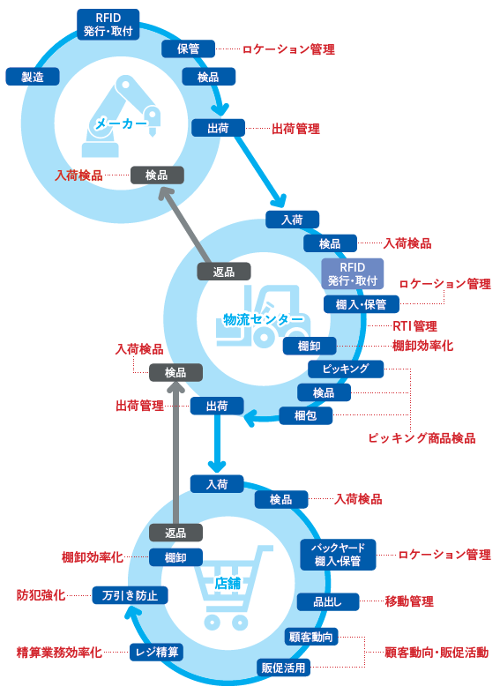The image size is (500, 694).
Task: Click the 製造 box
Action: pyautogui.click(x=33, y=77)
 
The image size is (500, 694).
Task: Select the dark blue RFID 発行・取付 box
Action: pyautogui.click(x=108, y=25)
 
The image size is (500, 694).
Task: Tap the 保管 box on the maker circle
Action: pyautogui.click(x=188, y=49)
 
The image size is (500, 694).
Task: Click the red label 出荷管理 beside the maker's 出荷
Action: pyautogui.click(x=295, y=129)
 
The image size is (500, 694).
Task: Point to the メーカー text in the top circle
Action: pyautogui.click(x=121, y=123)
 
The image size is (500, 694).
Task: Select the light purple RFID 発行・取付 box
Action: pyautogui.click(x=352, y=273)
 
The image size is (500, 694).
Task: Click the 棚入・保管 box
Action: pyautogui.click(x=361, y=304)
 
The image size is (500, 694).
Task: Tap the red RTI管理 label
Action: pyautogui.click(x=415, y=326)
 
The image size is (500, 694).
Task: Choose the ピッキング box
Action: pyautogui.click(x=346, y=369)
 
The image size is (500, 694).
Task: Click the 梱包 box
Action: pyautogui.click(x=305, y=415)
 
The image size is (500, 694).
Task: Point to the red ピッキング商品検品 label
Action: pyautogui.click(x=422, y=438)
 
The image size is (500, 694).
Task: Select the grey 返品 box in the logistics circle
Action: pyautogui.click(x=224, y=272)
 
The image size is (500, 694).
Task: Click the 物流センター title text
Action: pyautogui.click(x=264, y=319)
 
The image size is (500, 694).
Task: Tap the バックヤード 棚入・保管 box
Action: pyautogui.click(x=338, y=554)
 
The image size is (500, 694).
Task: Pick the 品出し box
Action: pyautogui.click(x=328, y=602)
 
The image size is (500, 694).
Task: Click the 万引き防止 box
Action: pyautogui.click(x=131, y=595)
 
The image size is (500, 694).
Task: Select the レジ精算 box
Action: pyautogui.click(x=157, y=652)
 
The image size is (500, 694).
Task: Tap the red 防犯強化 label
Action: pyautogui.click(x=41, y=595)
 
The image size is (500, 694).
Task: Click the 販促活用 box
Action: pyautogui.click(x=283, y=668)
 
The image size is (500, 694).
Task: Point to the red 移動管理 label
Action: pyautogui.click(x=409, y=601)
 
